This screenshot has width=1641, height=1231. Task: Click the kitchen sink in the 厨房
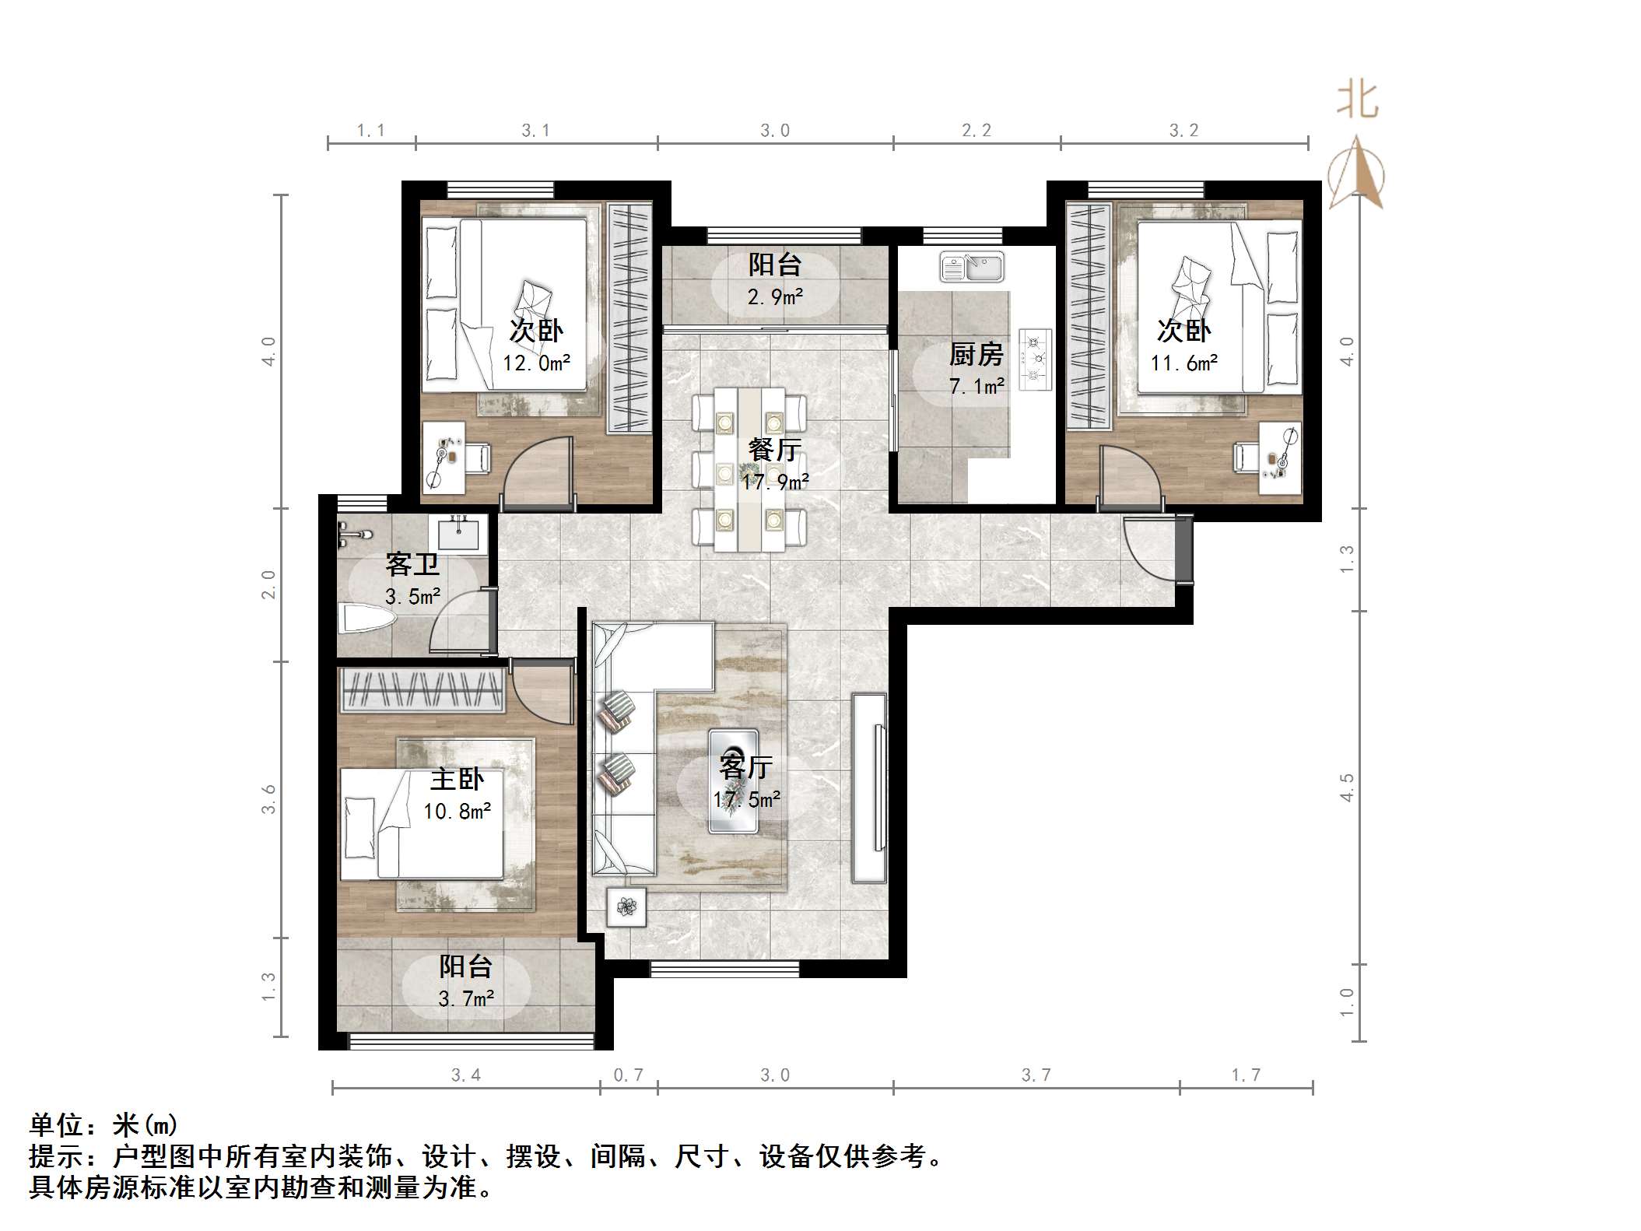click(972, 267)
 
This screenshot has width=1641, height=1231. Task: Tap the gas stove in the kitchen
click(1036, 359)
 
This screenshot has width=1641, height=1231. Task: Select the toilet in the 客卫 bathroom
click(367, 620)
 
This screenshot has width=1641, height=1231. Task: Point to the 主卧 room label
click(458, 779)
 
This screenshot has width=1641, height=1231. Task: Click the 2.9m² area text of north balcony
click(775, 296)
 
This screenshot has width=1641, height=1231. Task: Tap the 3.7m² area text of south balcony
click(466, 998)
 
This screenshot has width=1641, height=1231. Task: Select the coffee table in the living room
click(733, 781)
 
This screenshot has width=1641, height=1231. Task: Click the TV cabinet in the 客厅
click(869, 787)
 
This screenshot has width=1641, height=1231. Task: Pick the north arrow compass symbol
click(1356, 173)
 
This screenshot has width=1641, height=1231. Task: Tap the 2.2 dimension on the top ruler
click(977, 131)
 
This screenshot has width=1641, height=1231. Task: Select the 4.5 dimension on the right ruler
click(1348, 787)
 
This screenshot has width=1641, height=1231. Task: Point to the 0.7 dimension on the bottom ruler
click(629, 1075)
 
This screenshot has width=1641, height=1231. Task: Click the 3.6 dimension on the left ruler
click(269, 799)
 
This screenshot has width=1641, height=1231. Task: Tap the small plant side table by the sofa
click(626, 907)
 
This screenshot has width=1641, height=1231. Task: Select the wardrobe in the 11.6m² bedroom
click(1088, 315)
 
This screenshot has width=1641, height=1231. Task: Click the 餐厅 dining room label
click(774, 450)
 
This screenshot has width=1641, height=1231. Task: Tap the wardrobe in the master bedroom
click(422, 689)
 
